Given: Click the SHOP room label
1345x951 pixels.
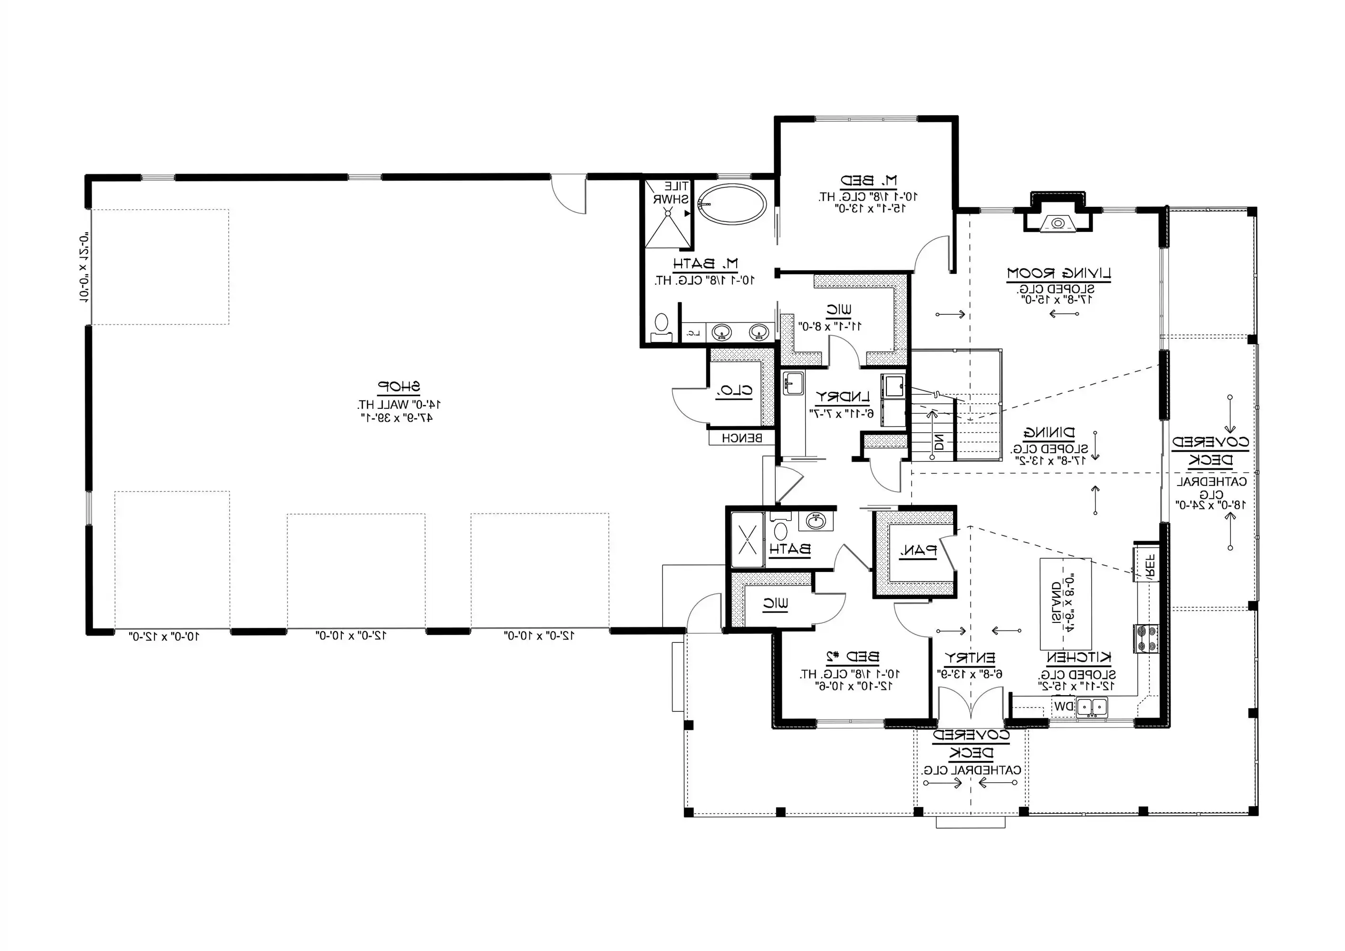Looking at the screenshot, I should pos(398,387).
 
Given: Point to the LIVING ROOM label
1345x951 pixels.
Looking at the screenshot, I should pos(1058,273).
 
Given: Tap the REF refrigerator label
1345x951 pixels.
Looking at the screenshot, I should pos(1149,565).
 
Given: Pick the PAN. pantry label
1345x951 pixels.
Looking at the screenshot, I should pos(918,550).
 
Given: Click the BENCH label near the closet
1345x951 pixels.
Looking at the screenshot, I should pos(741,438).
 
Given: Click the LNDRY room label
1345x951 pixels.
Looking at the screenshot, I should pos(842,397).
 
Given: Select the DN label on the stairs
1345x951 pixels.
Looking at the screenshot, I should pos(939,441).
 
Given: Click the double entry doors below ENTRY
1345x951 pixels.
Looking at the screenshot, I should pos(970,705).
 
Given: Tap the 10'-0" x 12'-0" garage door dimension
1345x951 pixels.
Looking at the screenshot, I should pos(164,636).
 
